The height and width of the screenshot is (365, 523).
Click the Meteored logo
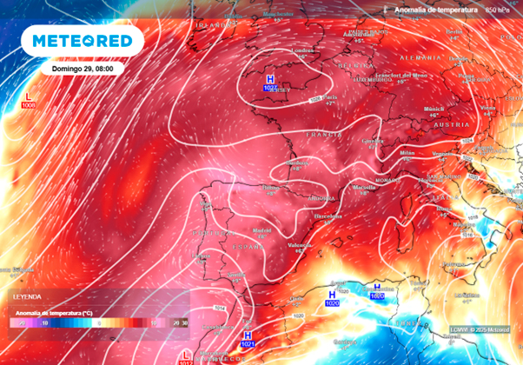[x=83, y=41]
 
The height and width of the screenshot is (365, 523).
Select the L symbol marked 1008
[x=28, y=97]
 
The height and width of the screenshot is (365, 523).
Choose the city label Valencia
[x=301, y=245]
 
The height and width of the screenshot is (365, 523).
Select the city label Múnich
[x=432, y=109]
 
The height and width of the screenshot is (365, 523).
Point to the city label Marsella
[x=365, y=187]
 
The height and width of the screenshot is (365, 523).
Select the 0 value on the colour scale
[x=98, y=322]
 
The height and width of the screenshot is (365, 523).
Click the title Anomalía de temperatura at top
[x=436, y=9]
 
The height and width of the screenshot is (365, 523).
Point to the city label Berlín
[x=452, y=31]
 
